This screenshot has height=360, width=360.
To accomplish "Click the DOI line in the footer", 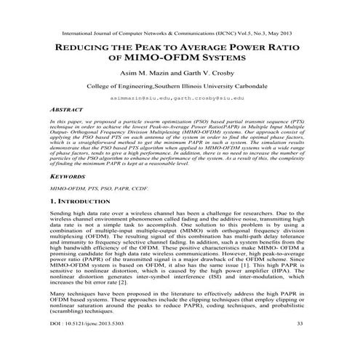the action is tap(97, 343).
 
